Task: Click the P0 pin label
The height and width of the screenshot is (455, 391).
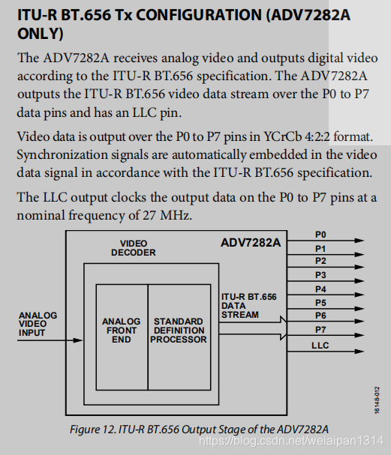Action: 320,235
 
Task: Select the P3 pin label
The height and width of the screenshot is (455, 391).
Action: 320,275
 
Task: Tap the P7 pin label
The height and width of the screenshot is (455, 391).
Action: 320,329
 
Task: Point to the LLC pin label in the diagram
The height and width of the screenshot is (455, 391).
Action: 320,345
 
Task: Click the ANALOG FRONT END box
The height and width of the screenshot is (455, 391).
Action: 121,331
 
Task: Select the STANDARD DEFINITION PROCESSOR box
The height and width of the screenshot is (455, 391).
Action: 179,331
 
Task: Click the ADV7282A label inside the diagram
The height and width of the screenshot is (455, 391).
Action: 251,243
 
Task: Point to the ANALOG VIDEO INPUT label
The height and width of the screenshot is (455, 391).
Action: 38,324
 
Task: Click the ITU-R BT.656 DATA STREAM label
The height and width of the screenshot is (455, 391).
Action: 248,306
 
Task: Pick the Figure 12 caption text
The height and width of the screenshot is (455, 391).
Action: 199,428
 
